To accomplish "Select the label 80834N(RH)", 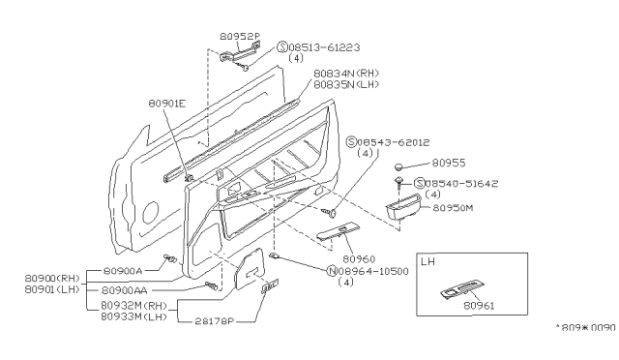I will pyautogui.click(x=347, y=72).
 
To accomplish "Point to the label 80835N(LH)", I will pyautogui.click(x=347, y=84).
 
